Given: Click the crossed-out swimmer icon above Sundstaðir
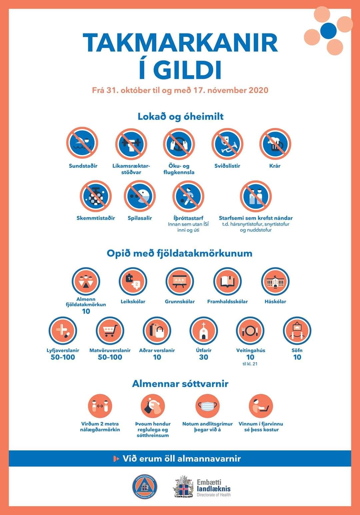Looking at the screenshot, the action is (x=82, y=143).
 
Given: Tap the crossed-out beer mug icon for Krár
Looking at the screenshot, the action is (x=275, y=144).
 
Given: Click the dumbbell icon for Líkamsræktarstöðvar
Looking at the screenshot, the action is (x=131, y=144).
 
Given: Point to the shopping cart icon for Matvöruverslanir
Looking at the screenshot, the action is (x=110, y=330).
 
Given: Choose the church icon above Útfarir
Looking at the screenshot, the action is (x=204, y=330).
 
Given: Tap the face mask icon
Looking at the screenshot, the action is (x=207, y=406).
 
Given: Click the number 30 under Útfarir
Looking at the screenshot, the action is (x=204, y=357).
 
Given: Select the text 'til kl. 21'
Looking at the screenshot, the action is (x=250, y=364).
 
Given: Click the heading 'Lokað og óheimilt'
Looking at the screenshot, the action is (x=181, y=117).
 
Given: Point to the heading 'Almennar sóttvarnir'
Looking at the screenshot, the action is (x=180, y=384).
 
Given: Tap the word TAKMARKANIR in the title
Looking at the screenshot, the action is (x=180, y=43).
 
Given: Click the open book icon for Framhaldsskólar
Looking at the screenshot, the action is (x=227, y=281).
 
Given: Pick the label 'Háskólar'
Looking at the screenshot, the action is (x=275, y=301).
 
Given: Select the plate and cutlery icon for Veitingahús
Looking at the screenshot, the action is (x=250, y=330).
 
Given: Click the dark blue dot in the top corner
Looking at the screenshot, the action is (x=328, y=31).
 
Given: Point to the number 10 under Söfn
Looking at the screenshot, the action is (x=297, y=357).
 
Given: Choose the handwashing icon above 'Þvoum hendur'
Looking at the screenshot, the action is (x=153, y=406).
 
